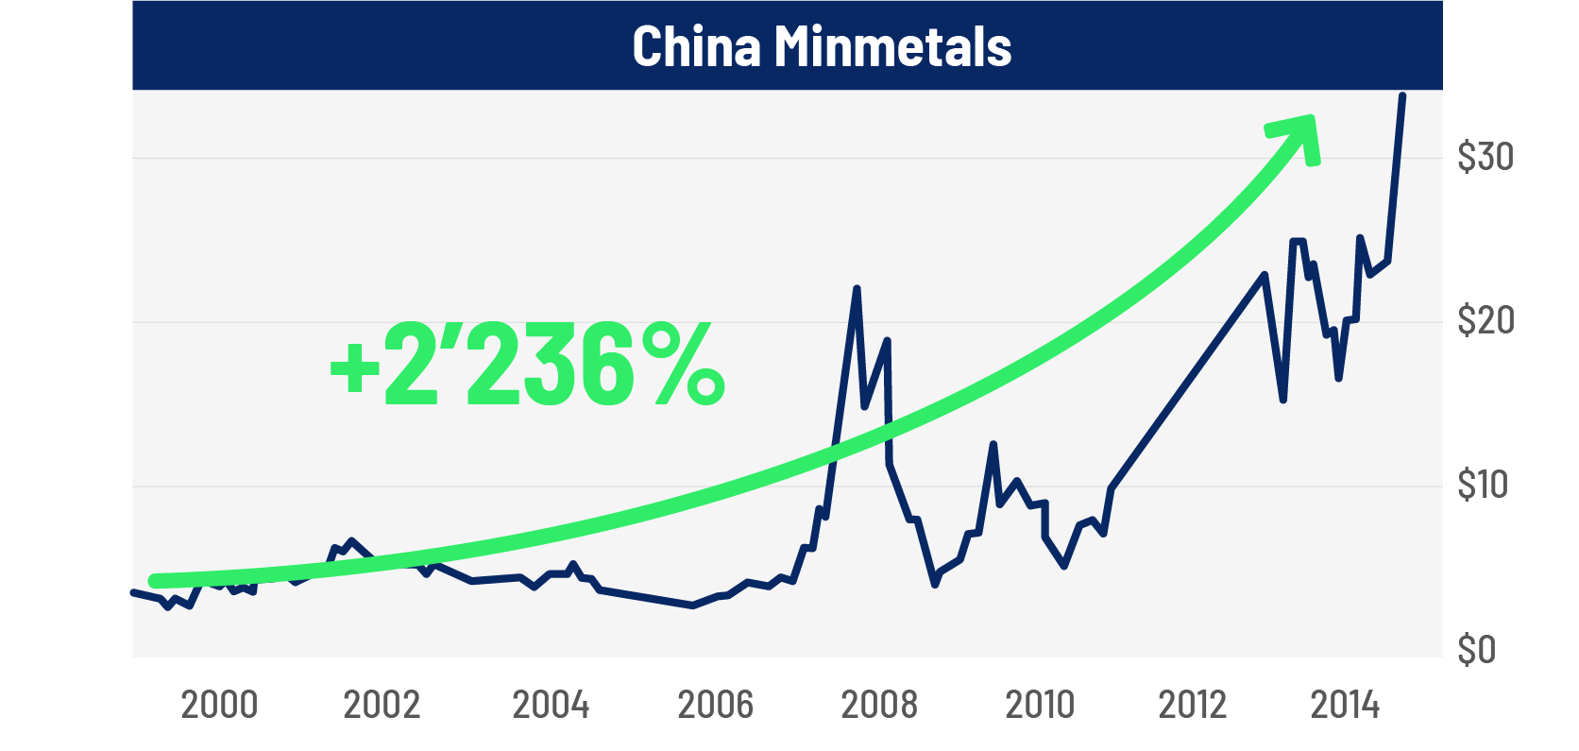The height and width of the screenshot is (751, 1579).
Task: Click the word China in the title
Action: (696, 46)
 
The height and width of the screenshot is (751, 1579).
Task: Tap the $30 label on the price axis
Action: (1485, 157)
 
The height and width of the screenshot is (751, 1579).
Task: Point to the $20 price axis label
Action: (1485, 321)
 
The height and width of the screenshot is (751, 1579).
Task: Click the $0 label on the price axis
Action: (1477, 650)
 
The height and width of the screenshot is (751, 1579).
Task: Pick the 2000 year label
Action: (219, 705)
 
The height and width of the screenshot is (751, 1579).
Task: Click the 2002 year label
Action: (382, 705)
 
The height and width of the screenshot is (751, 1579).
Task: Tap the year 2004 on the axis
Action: (551, 705)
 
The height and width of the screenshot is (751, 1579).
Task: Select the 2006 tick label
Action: (716, 705)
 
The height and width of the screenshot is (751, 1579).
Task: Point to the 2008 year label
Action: (879, 705)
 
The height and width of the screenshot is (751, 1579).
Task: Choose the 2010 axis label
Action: (1040, 705)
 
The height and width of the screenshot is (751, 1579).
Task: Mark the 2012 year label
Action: (1193, 705)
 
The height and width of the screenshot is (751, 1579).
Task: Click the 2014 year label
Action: (1345, 705)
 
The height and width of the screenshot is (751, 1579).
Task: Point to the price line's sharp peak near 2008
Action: (857, 289)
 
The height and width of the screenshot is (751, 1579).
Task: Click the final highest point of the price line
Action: (1402, 96)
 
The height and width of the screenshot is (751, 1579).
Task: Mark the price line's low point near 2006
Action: (692, 606)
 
